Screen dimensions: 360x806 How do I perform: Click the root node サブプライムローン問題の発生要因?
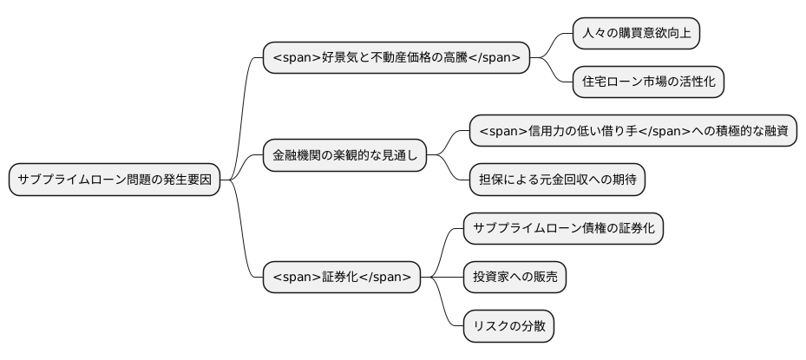click(115, 180)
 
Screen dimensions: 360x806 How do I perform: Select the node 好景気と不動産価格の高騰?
click(396, 58)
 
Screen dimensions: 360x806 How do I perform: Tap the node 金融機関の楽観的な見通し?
click(344, 156)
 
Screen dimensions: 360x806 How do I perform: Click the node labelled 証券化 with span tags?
click(342, 278)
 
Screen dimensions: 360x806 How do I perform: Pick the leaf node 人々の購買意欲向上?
click(636, 34)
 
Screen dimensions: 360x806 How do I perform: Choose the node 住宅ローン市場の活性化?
click(648, 82)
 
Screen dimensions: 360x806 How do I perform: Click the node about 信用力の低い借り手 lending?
click(632, 132)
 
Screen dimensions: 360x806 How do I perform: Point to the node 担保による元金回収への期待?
click(556, 180)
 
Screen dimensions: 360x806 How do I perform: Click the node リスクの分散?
click(508, 326)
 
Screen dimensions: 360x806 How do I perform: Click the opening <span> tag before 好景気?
click(296, 58)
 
